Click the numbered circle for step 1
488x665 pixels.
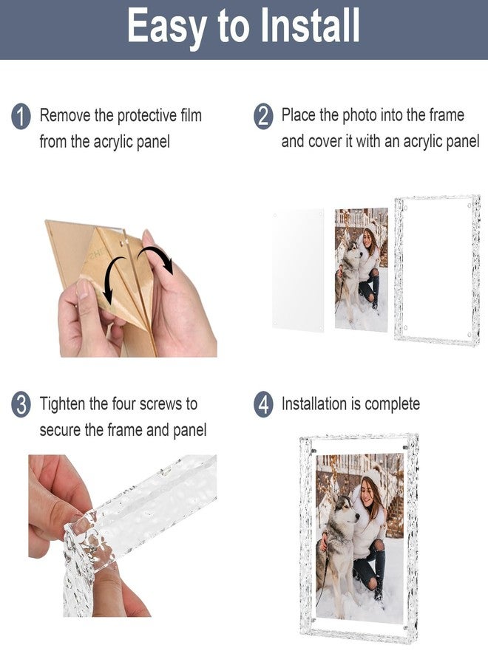coord(21,117)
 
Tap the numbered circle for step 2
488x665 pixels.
coord(263,117)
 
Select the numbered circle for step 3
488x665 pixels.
coord(21,405)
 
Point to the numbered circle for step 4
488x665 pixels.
coord(263,405)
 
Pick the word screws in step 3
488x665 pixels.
coord(165,404)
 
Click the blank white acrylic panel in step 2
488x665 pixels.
coord(298,270)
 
